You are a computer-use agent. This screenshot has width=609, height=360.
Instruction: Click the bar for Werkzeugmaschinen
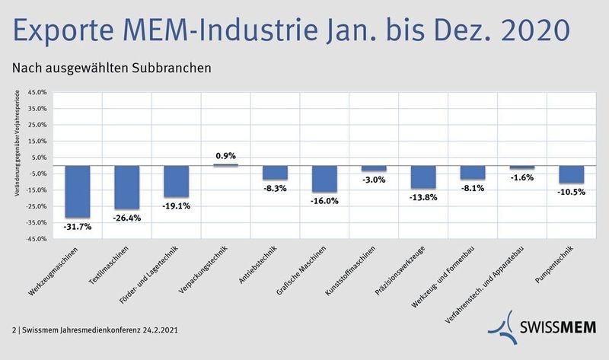click(78, 192)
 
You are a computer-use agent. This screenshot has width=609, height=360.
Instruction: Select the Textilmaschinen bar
click(127, 187)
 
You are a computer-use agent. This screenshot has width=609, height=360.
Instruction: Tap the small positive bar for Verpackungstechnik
click(226, 164)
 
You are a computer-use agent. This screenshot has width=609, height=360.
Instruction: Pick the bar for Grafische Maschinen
click(324, 179)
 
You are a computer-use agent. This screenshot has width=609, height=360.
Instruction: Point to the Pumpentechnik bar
click(572, 174)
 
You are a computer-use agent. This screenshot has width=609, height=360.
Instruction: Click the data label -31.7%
click(78, 227)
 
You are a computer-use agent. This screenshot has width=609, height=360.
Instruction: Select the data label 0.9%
click(226, 156)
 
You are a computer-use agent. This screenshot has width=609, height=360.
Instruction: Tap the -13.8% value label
click(423, 196)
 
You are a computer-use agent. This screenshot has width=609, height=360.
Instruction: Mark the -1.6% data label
click(522, 177)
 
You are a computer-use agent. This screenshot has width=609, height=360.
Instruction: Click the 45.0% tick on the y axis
click(37, 92)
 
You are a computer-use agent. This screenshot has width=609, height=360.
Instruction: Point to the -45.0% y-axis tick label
click(36, 240)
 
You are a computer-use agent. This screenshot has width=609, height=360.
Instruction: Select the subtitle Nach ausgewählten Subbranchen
click(111, 68)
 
